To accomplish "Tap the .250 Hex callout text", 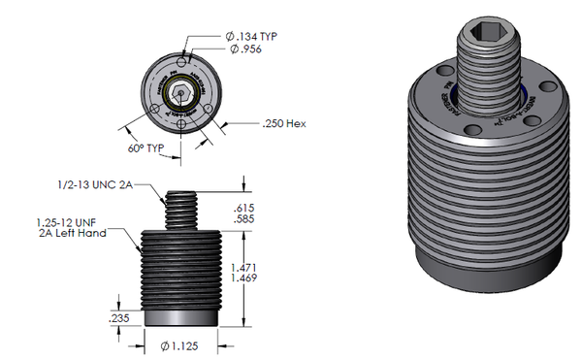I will point(285,123).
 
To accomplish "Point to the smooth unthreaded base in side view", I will point(181,315).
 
